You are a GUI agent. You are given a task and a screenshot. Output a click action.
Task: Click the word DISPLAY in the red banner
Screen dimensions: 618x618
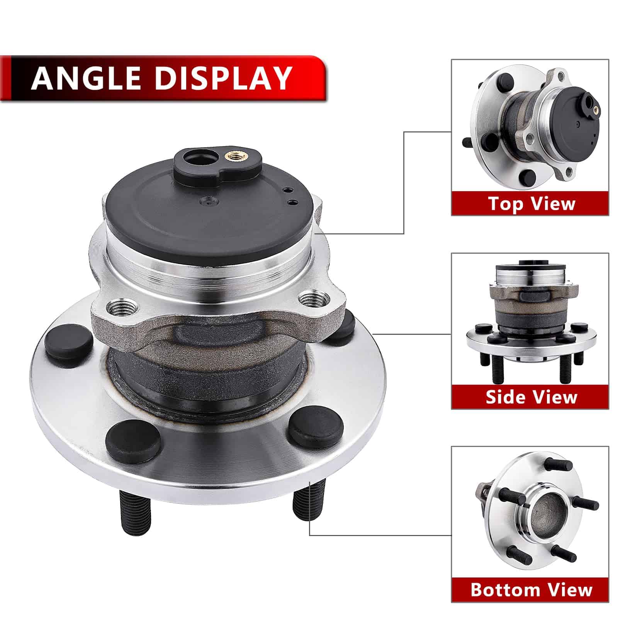coord(223,78)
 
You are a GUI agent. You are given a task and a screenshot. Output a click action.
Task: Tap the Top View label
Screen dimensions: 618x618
coord(531,203)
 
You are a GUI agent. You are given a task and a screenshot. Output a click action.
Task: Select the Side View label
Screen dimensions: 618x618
coord(531,397)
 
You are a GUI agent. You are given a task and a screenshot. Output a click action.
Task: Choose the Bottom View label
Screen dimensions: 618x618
coord(531,590)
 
